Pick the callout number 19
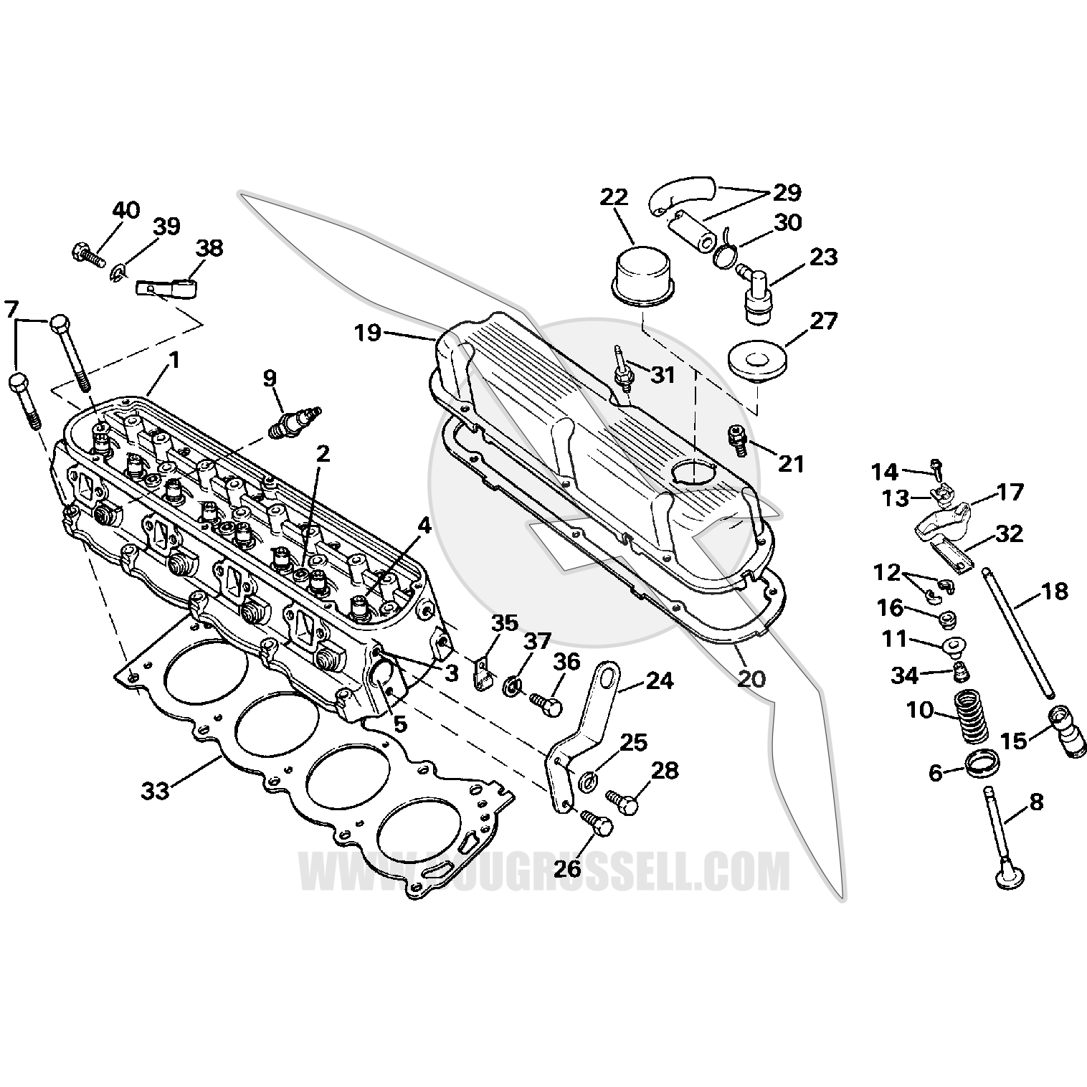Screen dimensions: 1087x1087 (x=369, y=333)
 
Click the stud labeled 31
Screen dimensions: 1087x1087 (x=622, y=366)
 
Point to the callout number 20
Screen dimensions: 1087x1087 (x=751, y=678)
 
